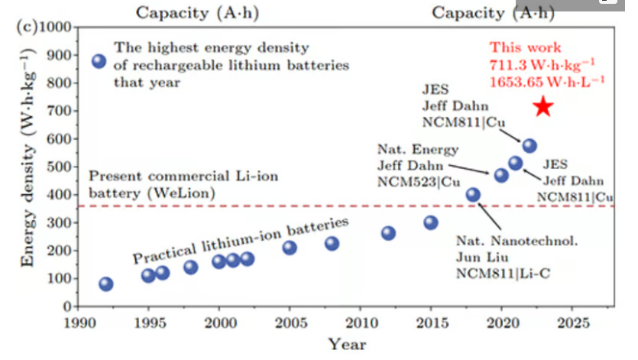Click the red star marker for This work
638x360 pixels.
coord(542,106)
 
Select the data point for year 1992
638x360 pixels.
coord(106,284)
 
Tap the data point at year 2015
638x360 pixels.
coord(431,222)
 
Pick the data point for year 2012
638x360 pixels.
coord(388,233)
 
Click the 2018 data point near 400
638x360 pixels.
coord(473,195)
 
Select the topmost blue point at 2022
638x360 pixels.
coord(530,145)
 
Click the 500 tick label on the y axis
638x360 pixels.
coord(58,167)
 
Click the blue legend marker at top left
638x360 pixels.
coord(99,62)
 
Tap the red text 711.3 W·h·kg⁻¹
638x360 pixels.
coord(536,63)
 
